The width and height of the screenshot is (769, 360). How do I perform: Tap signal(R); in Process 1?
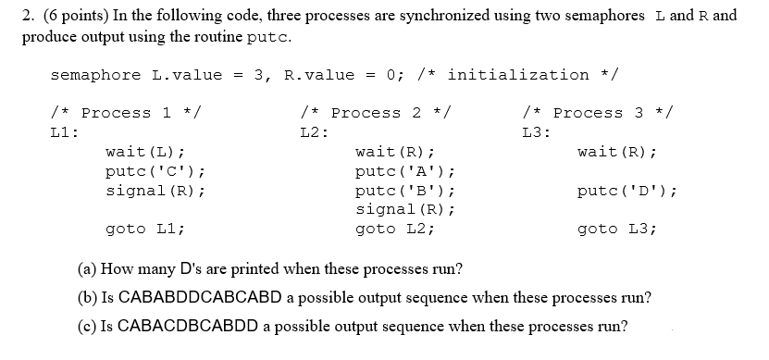[x=155, y=191]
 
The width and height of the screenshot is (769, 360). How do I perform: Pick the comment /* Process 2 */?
[x=376, y=113]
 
